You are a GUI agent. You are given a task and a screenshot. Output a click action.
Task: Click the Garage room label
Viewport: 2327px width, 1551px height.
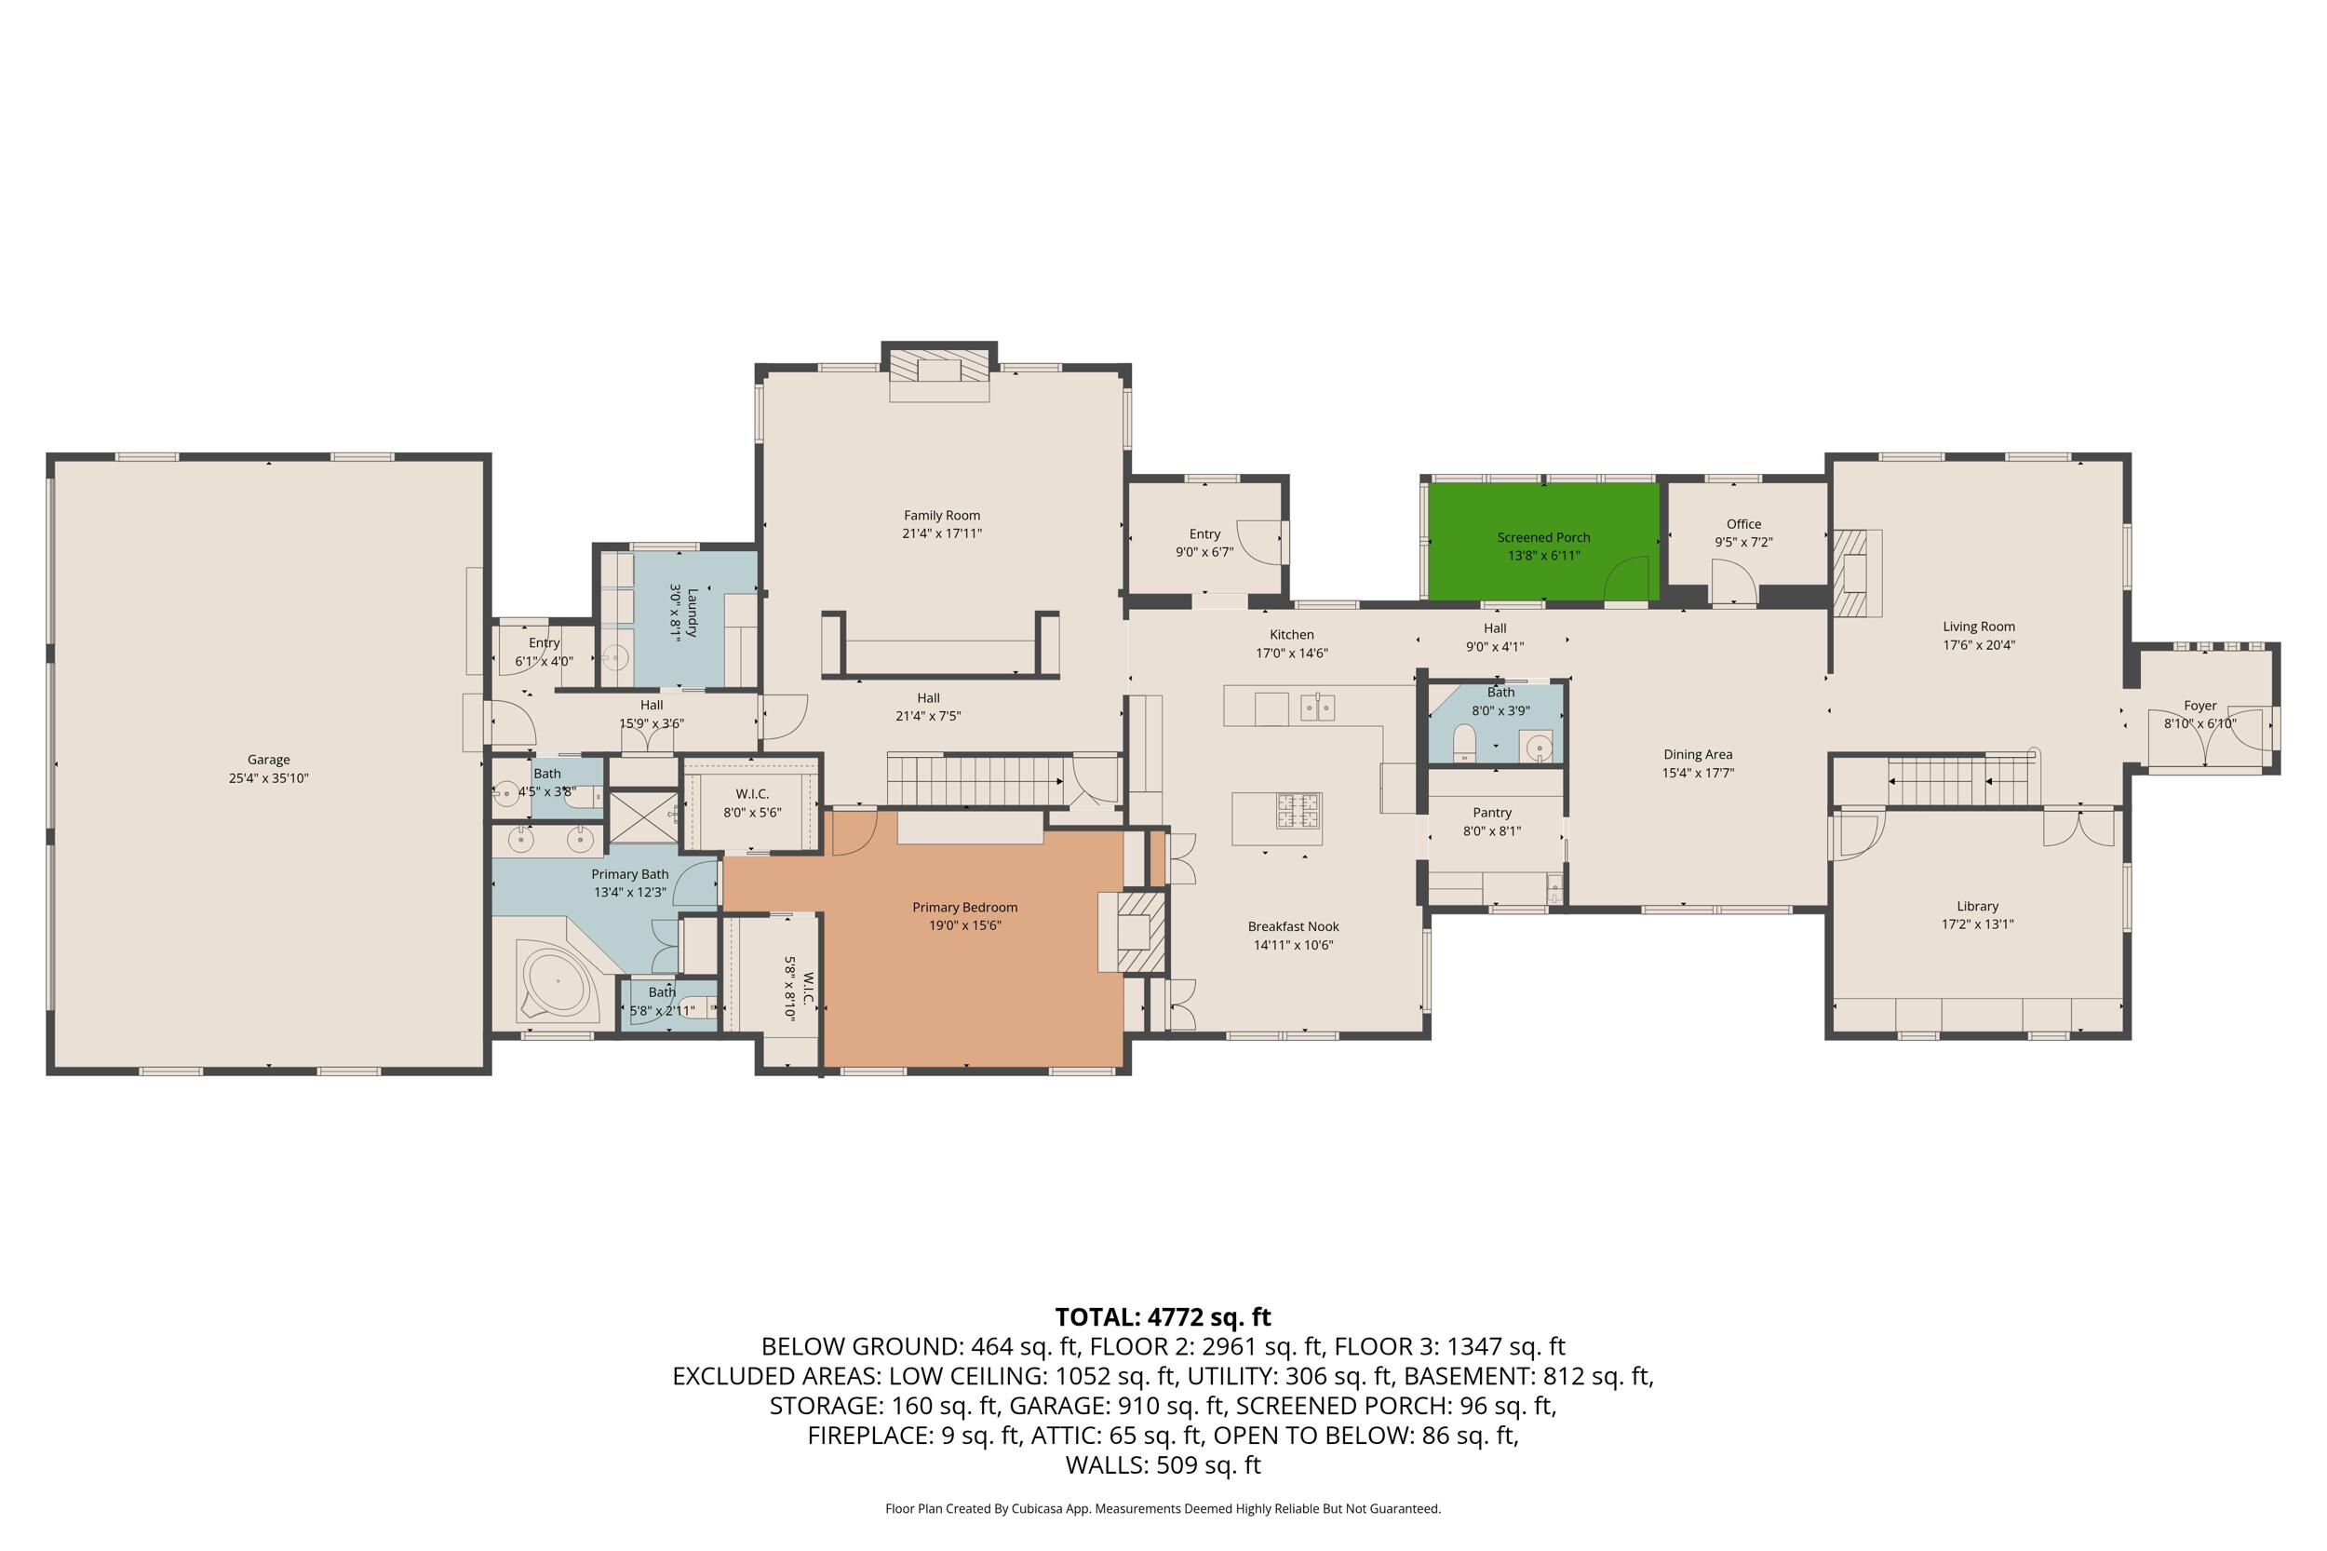[x=268, y=760]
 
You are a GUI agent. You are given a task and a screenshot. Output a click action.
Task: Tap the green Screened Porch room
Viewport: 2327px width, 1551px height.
[x=1542, y=540]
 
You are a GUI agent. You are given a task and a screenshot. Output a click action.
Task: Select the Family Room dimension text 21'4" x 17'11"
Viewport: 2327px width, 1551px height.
[x=941, y=533]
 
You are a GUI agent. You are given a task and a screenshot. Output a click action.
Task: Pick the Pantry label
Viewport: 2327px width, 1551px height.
[x=1491, y=813]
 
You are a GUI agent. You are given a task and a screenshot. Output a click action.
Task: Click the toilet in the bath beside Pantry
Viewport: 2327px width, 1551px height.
[x=1463, y=743]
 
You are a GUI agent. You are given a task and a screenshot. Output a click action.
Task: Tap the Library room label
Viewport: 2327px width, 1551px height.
[x=1977, y=906]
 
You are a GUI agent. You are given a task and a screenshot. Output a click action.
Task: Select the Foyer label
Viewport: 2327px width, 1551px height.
[x=2199, y=706]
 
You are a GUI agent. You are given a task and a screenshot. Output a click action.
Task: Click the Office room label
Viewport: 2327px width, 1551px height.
[x=1743, y=524]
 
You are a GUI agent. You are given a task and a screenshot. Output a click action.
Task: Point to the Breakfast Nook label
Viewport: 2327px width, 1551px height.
[x=1293, y=927]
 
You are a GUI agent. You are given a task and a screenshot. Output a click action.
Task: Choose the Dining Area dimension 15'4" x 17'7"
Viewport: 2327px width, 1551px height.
[x=1697, y=774]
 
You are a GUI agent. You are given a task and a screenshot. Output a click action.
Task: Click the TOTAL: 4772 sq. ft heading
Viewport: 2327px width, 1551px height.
[x=1163, y=1316]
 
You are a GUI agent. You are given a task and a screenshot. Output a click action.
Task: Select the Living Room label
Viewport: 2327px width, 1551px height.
[x=1978, y=627]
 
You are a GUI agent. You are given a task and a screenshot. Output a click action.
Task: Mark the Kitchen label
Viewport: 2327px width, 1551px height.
[x=1292, y=635]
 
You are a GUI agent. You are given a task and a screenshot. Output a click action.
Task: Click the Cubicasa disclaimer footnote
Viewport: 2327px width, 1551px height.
[x=1163, y=1508]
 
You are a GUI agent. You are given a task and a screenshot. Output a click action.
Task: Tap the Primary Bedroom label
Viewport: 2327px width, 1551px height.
[x=964, y=907]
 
